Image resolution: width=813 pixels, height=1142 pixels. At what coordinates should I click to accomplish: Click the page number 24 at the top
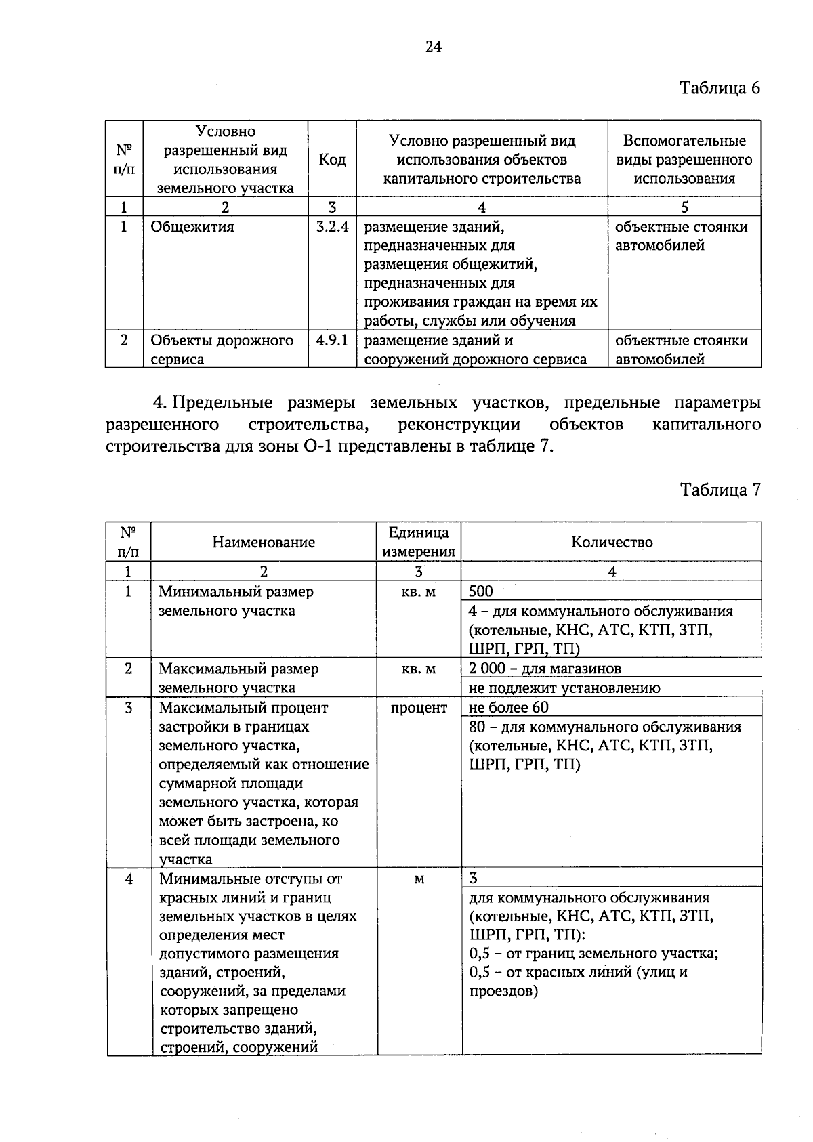coord(434,47)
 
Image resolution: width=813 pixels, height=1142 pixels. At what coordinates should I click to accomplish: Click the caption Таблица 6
coord(720,88)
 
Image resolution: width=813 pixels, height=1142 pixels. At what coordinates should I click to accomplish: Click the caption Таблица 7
coord(720,490)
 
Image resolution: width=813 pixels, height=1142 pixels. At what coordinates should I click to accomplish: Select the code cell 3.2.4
coord(332,227)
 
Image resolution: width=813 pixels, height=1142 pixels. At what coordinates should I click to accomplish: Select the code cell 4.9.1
coord(332,341)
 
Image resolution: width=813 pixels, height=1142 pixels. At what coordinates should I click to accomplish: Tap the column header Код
coord(332,160)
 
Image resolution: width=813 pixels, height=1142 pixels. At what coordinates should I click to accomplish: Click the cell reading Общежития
coord(192,227)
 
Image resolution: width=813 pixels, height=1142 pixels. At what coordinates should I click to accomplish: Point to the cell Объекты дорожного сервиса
coord(222,350)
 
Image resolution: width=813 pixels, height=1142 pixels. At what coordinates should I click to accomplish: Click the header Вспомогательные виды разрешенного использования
coord(684,160)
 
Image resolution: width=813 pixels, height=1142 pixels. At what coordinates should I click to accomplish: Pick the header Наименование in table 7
coord(264,542)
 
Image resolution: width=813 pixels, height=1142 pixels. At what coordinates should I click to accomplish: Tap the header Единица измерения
coord(419,542)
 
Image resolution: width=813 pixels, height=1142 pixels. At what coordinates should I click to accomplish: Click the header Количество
coord(612,542)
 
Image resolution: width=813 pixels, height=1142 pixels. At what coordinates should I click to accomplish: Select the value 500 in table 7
coord(482,591)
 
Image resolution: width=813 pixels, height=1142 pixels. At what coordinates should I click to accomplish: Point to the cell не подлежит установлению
coord(564,688)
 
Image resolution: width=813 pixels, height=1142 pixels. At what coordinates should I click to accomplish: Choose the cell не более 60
coord(509,708)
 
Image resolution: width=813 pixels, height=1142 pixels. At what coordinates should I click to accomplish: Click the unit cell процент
coord(419,708)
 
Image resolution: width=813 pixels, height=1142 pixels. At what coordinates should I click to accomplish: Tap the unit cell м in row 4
coord(419,879)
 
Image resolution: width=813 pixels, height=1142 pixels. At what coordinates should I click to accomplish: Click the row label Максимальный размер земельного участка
coord(238,678)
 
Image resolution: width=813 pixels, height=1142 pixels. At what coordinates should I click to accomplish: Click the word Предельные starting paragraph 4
coord(222,403)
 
